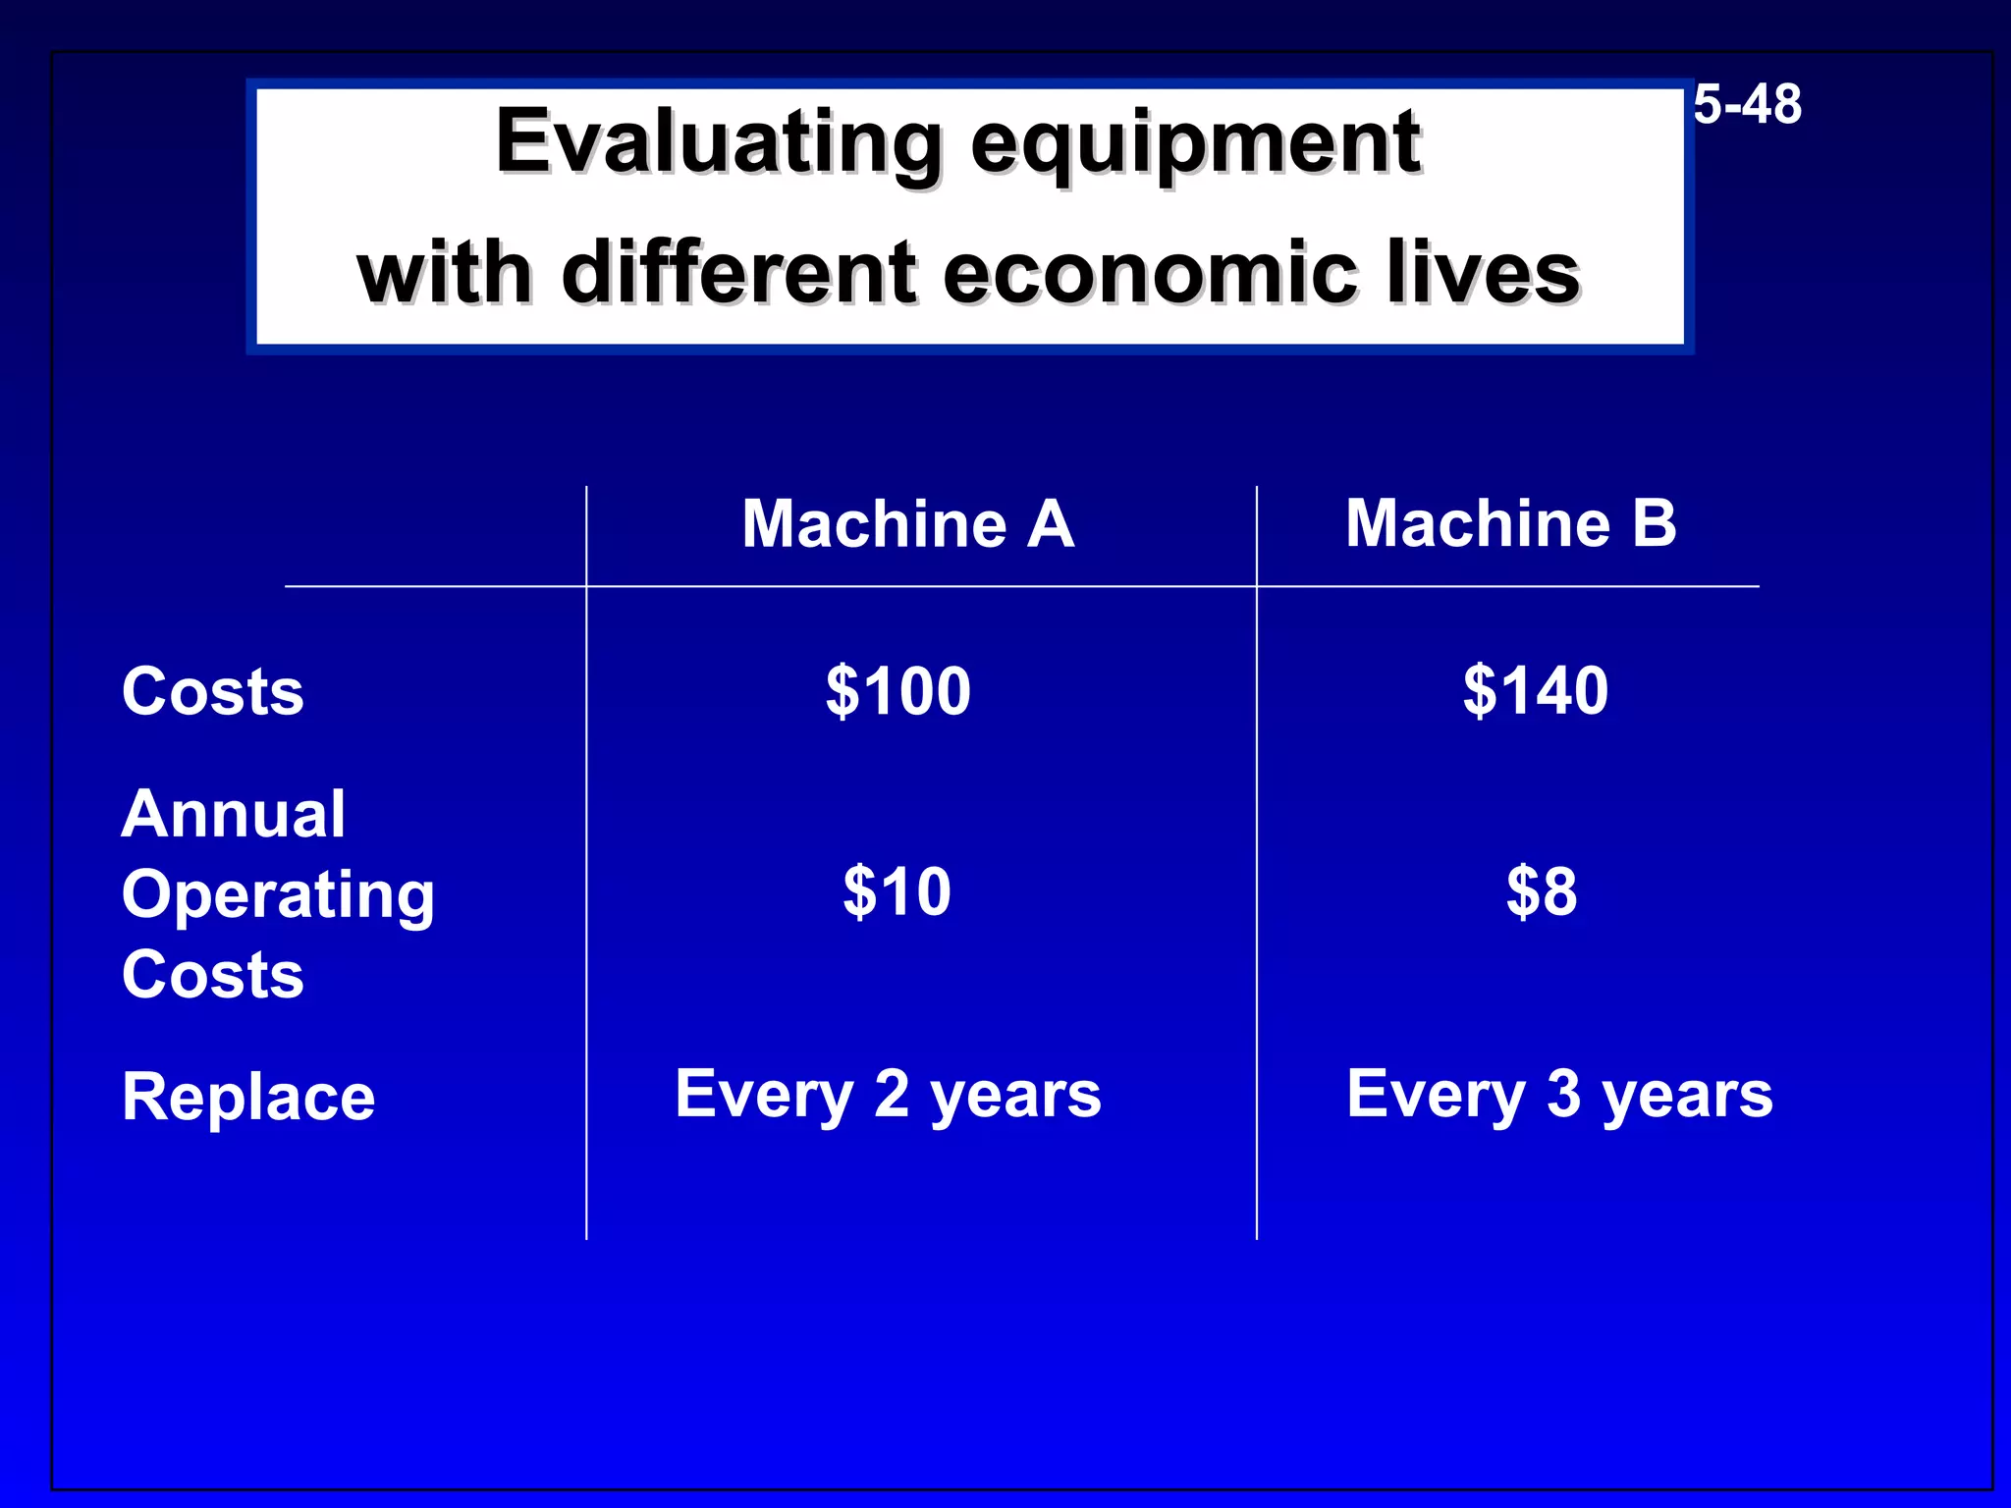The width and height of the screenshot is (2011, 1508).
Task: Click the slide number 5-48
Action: click(x=1747, y=104)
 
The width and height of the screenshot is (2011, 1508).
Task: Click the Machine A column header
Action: click(x=907, y=523)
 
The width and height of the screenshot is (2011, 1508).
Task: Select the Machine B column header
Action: click(x=1510, y=523)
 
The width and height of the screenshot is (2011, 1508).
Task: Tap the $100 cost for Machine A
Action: click(x=897, y=691)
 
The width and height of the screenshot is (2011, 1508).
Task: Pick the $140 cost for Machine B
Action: click(x=1535, y=691)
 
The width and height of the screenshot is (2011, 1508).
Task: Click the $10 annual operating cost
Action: click(x=897, y=892)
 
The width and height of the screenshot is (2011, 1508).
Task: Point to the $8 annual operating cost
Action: click(x=1541, y=892)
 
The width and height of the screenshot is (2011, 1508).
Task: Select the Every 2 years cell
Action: click(x=888, y=1095)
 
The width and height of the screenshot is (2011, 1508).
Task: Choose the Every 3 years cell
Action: click(x=1559, y=1095)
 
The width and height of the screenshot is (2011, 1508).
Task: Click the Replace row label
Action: click(x=248, y=1097)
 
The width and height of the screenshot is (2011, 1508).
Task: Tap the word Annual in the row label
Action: click(x=233, y=815)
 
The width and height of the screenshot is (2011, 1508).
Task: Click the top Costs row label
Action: click(x=213, y=691)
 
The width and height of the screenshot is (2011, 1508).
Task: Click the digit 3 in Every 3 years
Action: click(x=1563, y=1094)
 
